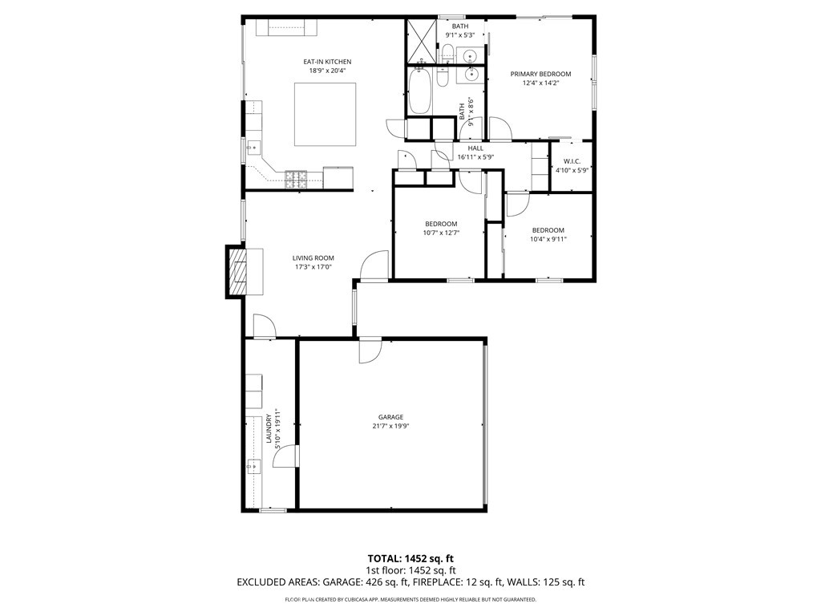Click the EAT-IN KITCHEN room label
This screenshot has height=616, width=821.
[327, 62]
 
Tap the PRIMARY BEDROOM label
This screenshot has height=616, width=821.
[540, 74]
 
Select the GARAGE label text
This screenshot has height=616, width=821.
[390, 417]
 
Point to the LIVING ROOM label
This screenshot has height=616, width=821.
[313, 257]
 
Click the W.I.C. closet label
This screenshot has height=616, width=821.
[572, 161]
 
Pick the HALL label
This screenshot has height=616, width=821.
[476, 148]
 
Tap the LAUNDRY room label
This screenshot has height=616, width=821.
[269, 428]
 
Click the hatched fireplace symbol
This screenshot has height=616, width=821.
[239, 271]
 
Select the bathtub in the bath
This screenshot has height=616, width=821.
[419, 91]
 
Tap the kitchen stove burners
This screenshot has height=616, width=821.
[296, 179]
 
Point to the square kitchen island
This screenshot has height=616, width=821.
[326, 114]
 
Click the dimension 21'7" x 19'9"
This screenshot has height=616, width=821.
[390, 426]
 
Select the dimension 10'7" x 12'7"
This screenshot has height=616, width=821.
[441, 233]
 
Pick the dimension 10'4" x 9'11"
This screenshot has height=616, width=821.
[548, 239]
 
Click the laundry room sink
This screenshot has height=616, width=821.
[254, 465]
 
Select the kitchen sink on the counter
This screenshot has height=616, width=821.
[254, 148]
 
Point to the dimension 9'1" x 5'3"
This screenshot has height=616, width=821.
[459, 35]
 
